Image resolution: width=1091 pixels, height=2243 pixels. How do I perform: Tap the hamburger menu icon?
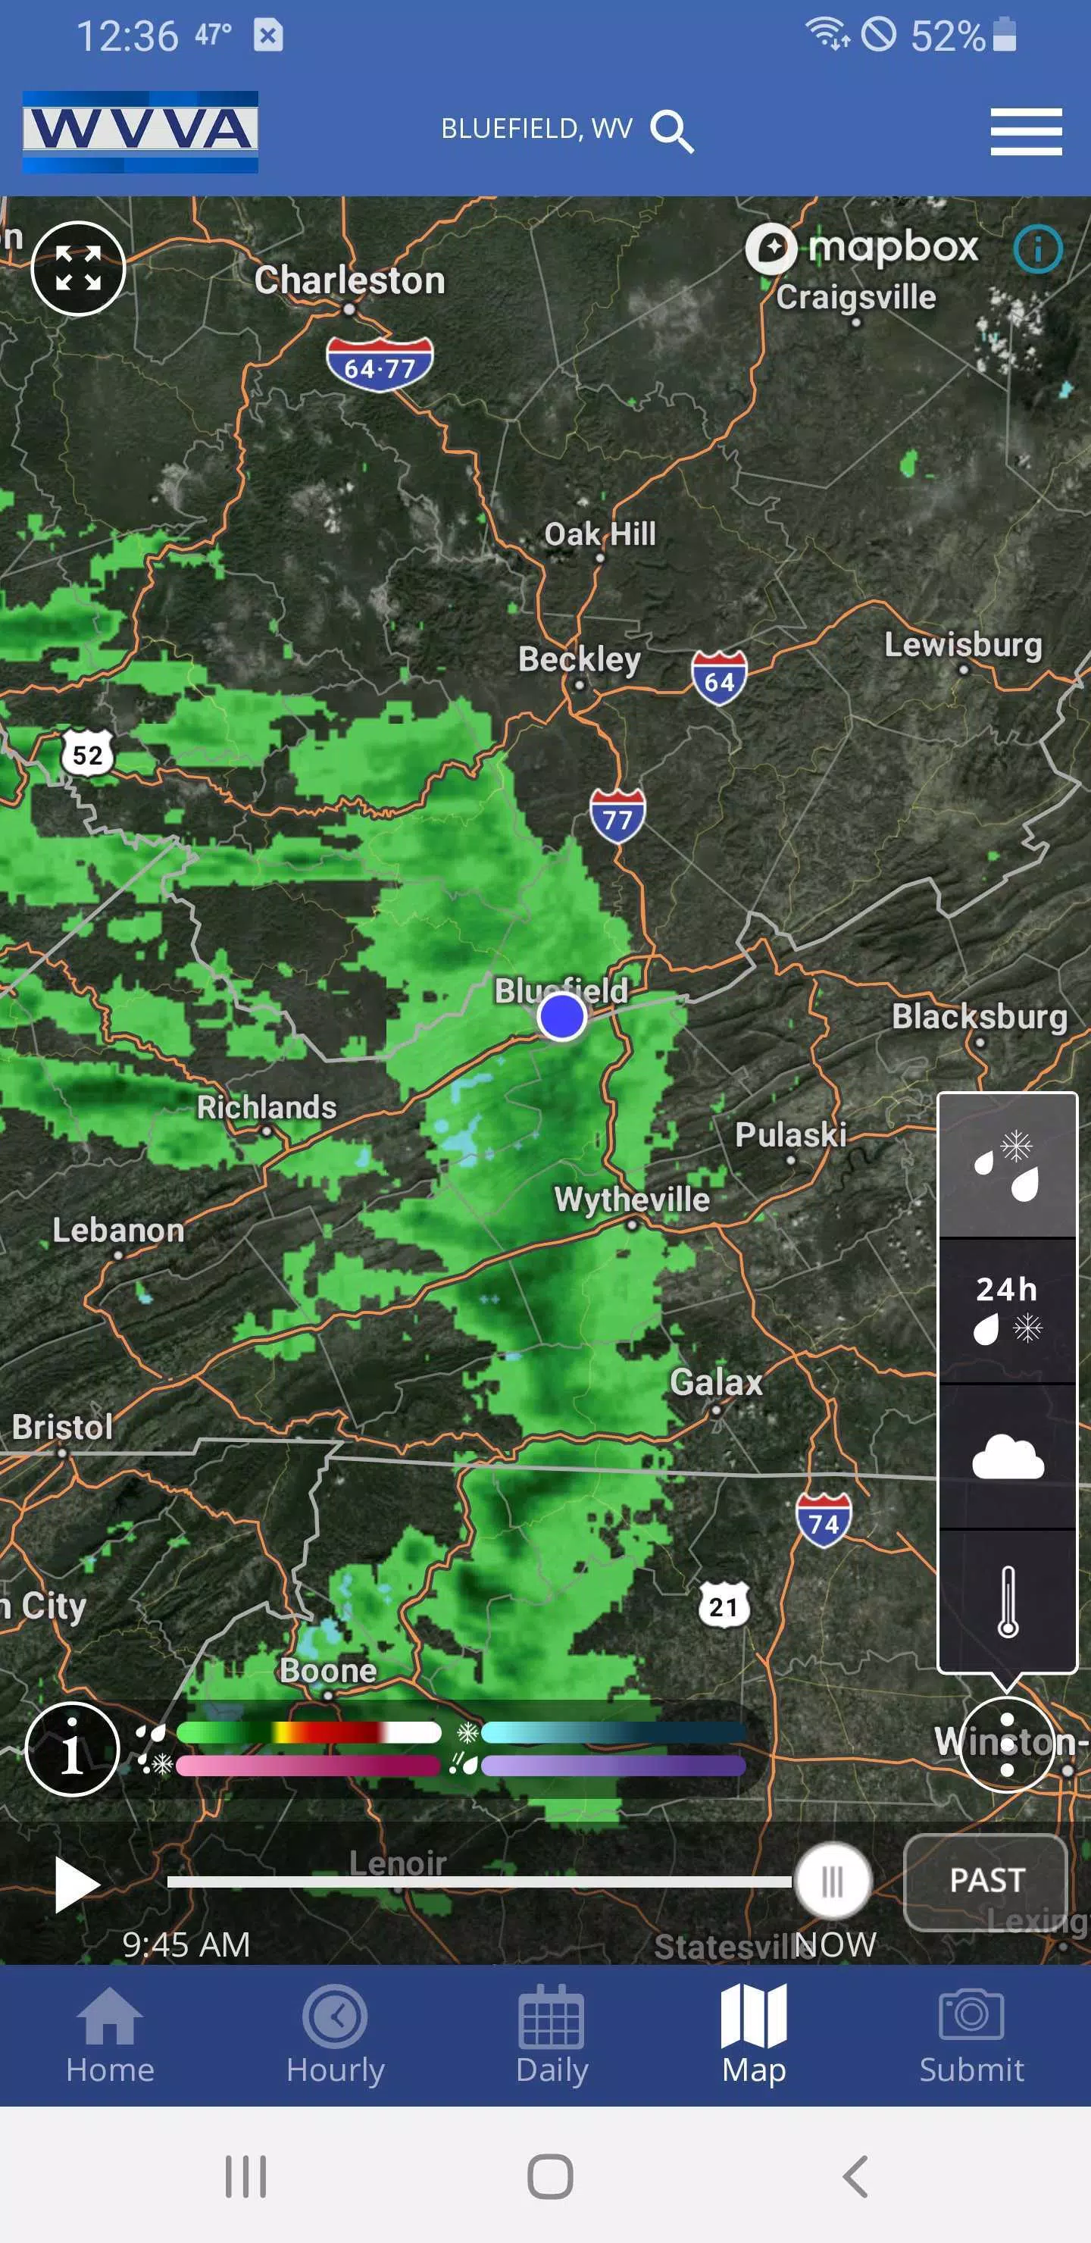tap(1026, 132)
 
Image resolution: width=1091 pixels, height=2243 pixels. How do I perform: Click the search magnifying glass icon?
tap(671, 132)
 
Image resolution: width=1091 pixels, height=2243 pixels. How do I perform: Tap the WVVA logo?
tap(140, 132)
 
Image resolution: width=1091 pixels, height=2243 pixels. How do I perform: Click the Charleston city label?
tap(349, 281)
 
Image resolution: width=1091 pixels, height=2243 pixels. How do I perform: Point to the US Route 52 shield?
tap(87, 754)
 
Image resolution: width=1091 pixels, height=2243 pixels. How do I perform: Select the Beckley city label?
tap(579, 659)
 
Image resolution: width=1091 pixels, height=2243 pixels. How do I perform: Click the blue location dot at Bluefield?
tap(561, 1016)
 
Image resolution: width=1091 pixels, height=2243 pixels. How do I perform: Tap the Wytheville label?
tap(632, 1199)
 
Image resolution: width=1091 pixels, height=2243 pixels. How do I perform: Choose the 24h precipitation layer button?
tap(1008, 1309)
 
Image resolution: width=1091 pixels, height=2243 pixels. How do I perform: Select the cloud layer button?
tap(1008, 1456)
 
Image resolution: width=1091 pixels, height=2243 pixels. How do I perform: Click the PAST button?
tap(986, 1880)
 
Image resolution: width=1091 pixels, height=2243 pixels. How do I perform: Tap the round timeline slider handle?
tap(833, 1882)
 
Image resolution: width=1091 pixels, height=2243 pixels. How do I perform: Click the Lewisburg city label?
tap(963, 645)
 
